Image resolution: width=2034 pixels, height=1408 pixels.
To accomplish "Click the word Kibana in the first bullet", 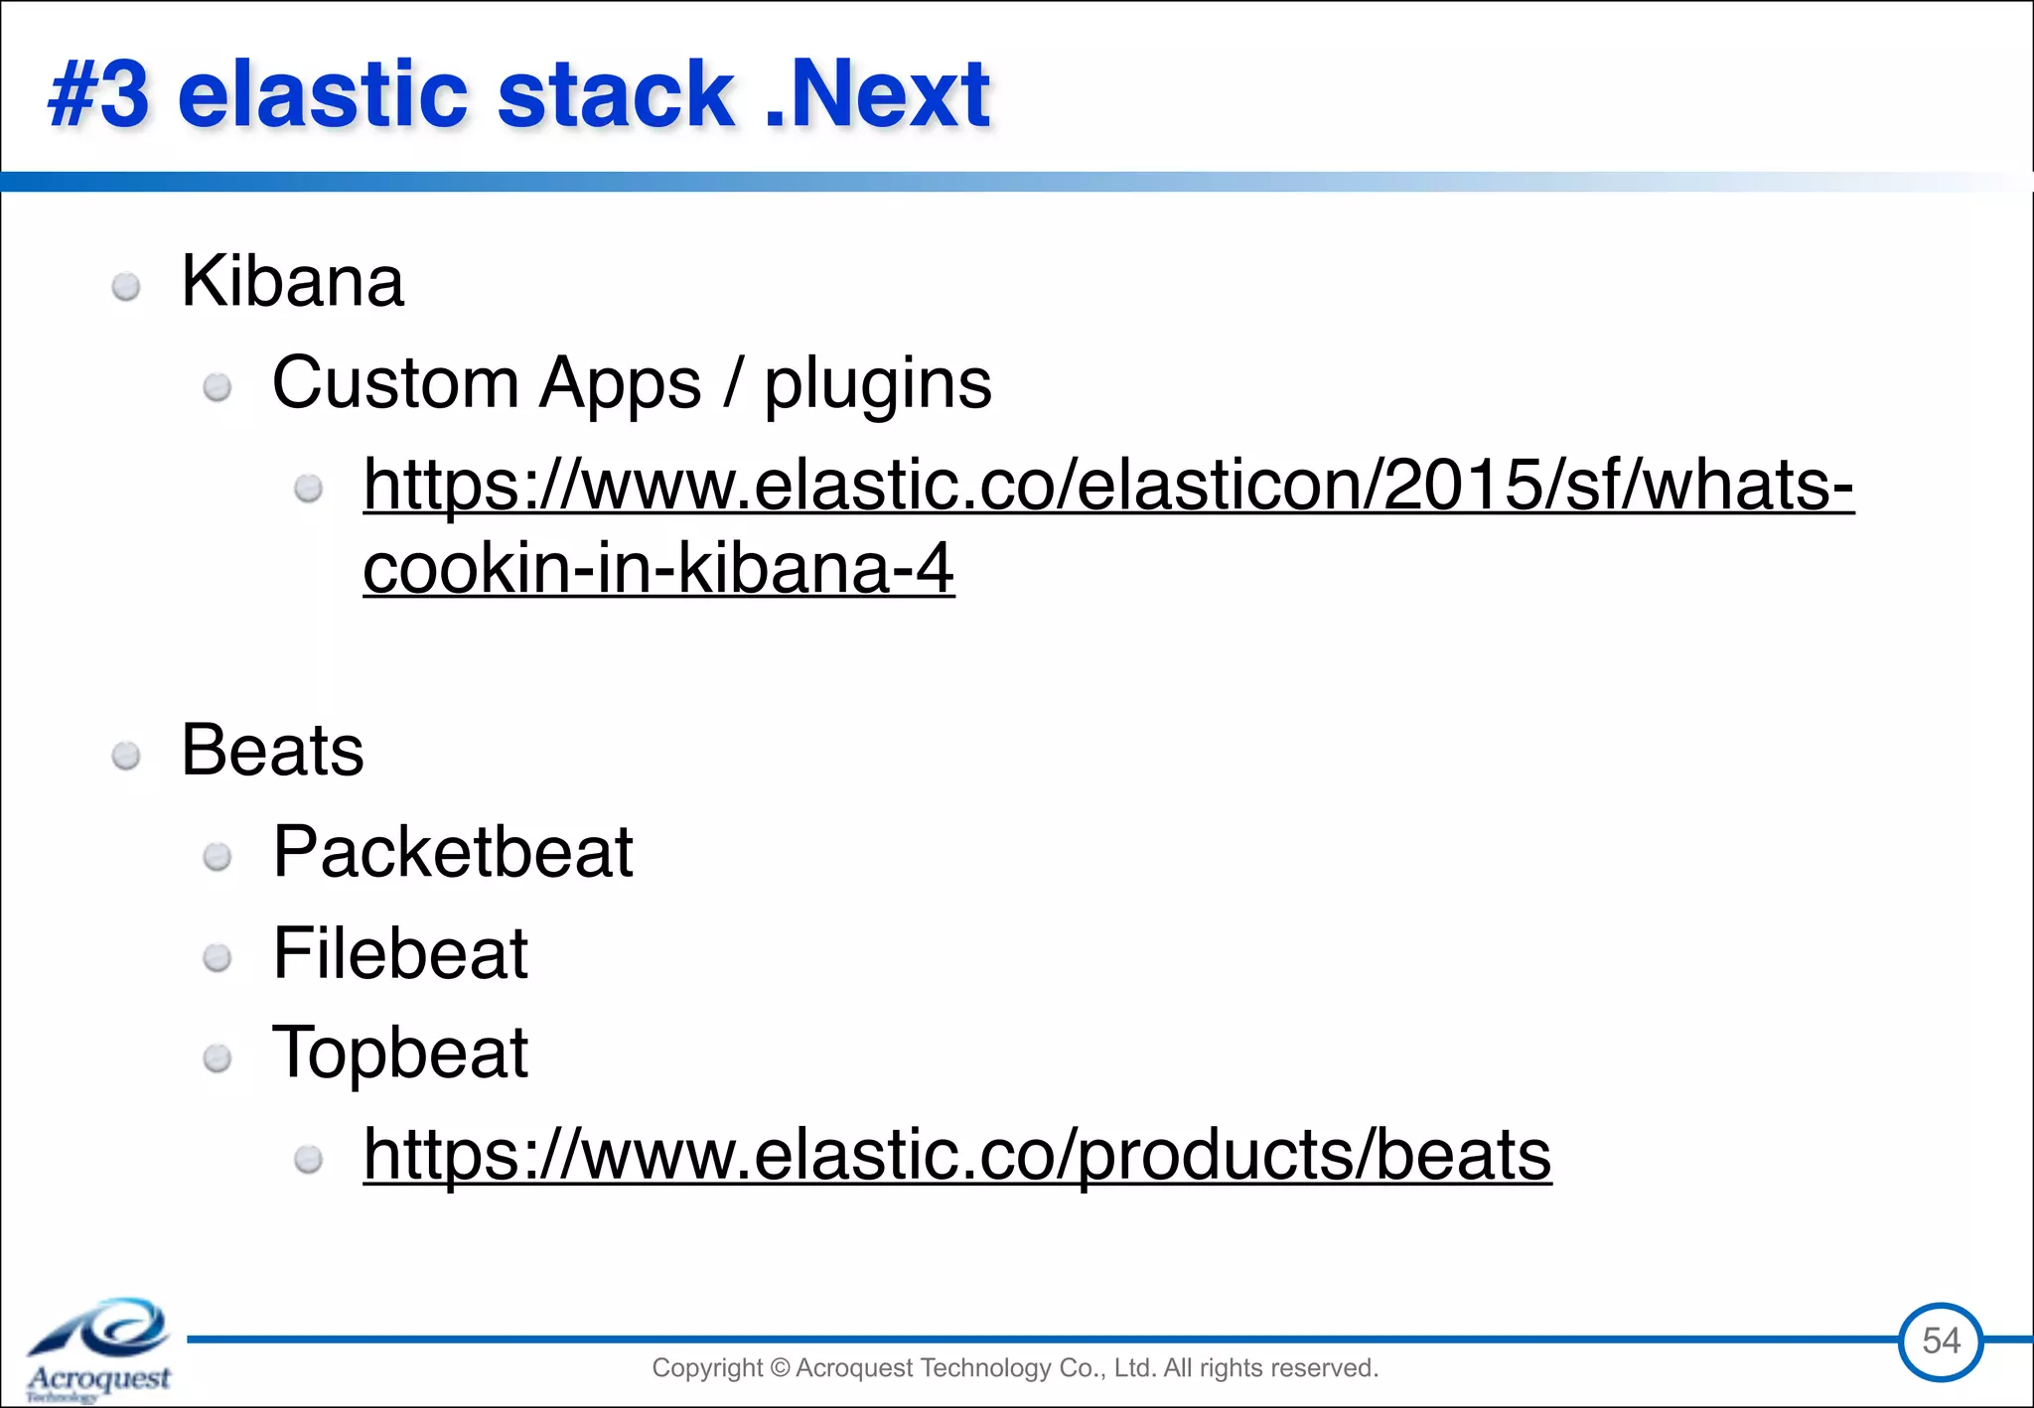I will point(292,282).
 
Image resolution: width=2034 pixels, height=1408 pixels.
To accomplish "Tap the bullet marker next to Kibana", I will point(126,288).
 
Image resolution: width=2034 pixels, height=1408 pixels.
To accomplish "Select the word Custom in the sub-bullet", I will point(395,383).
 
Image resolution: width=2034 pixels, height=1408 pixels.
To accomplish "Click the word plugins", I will point(877,383).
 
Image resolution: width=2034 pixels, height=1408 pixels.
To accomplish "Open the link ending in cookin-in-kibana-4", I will point(658,569).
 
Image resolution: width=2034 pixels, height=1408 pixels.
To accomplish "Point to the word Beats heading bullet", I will point(272,751).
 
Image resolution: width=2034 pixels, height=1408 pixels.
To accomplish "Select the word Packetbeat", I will point(453,853).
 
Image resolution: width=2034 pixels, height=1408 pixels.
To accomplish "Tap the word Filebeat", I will point(400,954).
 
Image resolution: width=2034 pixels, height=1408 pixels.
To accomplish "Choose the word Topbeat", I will point(400,1054).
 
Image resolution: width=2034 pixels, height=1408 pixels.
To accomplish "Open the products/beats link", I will point(956,1155).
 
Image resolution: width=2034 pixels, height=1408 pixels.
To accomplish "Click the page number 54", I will point(1941,1341).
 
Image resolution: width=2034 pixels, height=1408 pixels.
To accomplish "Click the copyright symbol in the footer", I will point(779,1368).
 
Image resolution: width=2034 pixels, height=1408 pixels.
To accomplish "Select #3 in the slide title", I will point(99,95).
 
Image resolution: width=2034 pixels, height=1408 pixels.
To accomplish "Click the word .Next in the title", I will point(878,95).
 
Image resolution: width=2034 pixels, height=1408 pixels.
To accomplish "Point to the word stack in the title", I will point(615,95).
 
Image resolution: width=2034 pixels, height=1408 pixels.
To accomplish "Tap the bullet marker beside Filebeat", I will point(218,958).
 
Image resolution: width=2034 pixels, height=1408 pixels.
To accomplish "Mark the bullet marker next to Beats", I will point(126,757).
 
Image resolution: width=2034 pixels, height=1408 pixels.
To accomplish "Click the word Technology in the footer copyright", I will point(985,1368).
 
